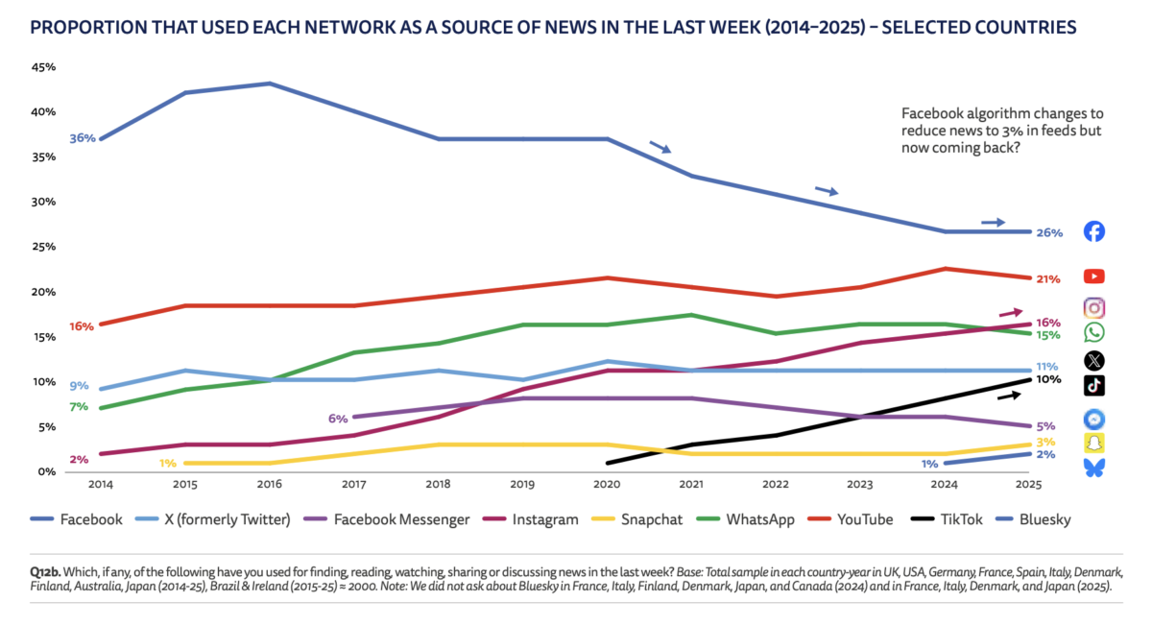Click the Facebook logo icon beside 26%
1093,231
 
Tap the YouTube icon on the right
1093,276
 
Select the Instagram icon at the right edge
1093,307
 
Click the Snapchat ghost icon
1093,443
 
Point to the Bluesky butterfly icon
1093,468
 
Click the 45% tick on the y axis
44,68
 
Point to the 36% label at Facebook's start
83,138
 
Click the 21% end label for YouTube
1047,279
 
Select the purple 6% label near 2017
338,418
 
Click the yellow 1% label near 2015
167,464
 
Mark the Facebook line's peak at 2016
271,84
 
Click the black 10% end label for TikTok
1047,379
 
